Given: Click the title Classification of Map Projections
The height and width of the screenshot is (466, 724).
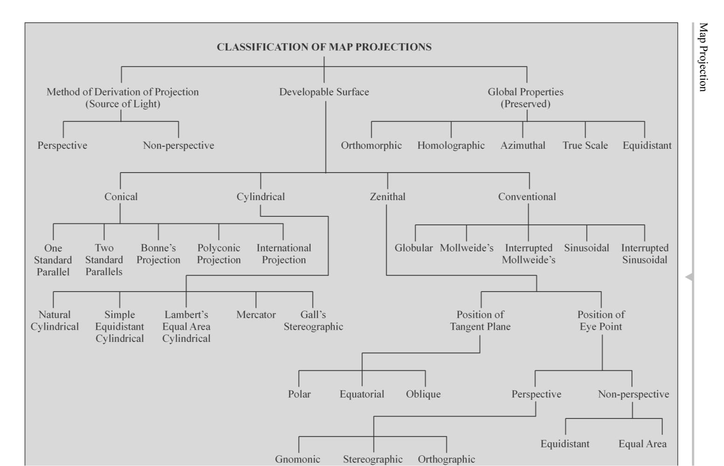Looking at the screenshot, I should tap(324, 47).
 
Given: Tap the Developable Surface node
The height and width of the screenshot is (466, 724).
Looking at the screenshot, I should tap(324, 92).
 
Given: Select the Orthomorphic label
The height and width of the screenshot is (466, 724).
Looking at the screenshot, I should tap(371, 146).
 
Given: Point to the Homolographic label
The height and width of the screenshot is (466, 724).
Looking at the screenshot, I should tap(451, 146).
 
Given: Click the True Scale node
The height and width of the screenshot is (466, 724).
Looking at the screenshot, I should tap(585, 146).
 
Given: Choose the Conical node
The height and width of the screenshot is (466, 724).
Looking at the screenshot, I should tap(121, 197).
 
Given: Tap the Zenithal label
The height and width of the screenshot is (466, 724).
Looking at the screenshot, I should tap(387, 197).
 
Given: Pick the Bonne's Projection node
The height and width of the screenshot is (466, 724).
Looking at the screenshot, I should tap(158, 254).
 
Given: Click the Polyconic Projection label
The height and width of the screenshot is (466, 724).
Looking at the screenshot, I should tap(219, 254).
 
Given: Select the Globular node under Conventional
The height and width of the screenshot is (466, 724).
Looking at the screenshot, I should tap(413, 248).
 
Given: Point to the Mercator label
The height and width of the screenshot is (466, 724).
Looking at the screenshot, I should tap(256, 315).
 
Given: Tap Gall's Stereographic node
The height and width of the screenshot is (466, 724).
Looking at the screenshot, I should tap(313, 320).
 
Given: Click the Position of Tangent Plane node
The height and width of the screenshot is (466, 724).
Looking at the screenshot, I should tap(480, 320).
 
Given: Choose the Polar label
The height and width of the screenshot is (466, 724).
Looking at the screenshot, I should tap(299, 394).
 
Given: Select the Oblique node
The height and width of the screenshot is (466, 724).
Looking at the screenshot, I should tap(423, 394).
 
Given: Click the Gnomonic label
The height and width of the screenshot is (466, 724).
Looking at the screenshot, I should tap(297, 459).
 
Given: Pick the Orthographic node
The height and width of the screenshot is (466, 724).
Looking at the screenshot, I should tap(446, 459).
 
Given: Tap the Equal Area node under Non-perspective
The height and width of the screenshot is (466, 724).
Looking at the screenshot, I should tap(642, 444).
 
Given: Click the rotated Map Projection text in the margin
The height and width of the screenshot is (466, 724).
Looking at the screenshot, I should tap(703, 57).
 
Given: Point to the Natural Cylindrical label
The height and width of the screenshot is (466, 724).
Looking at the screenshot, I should tap(55, 320).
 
